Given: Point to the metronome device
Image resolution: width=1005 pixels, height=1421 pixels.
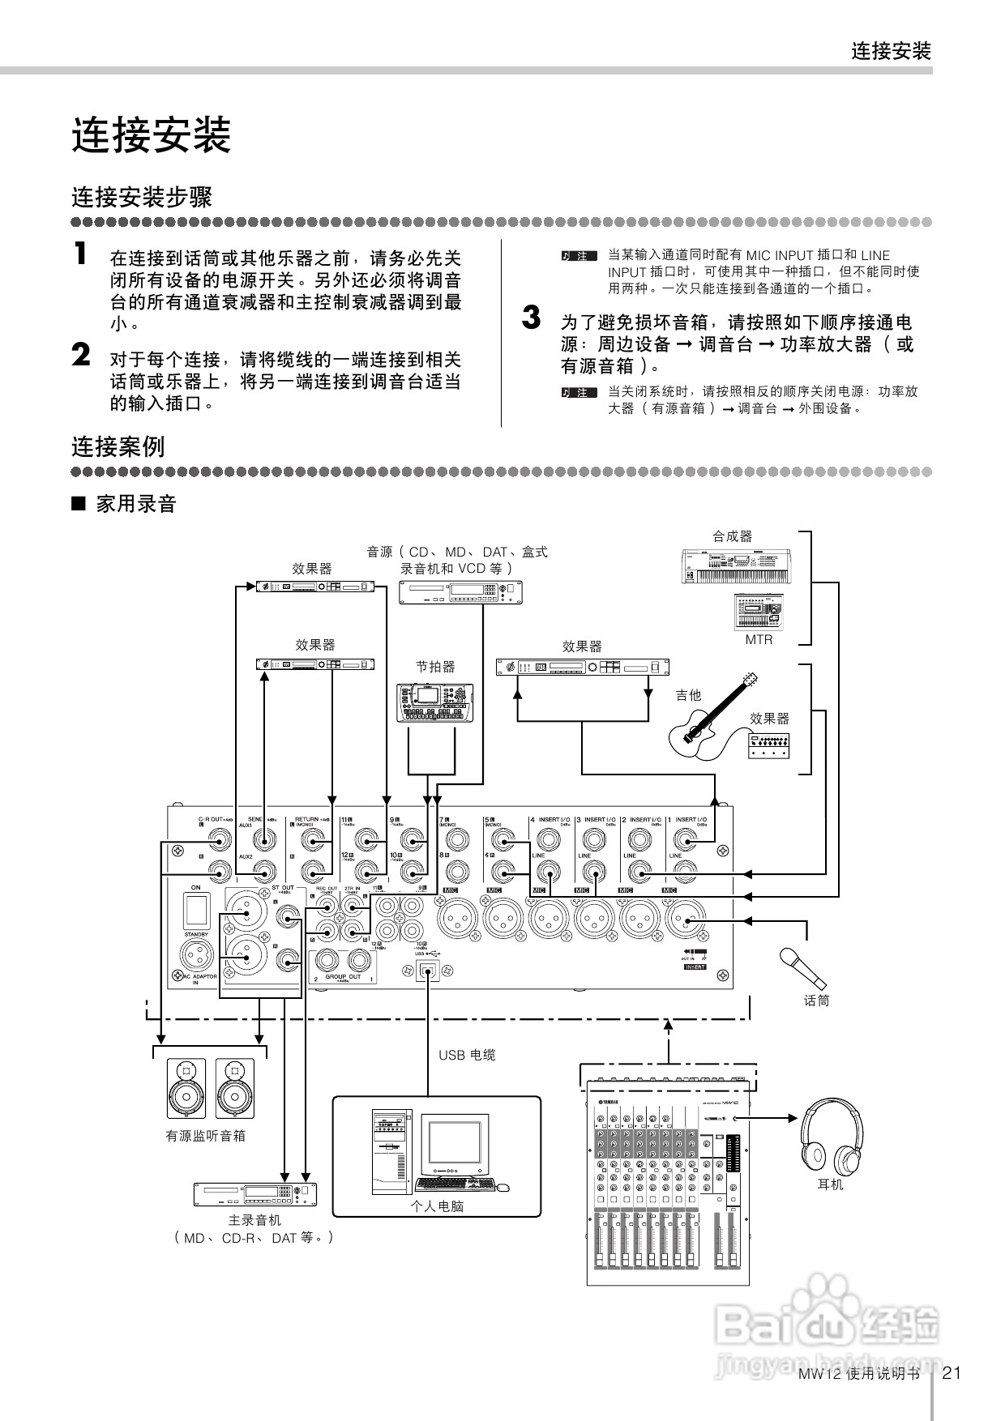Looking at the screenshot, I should coord(435,702).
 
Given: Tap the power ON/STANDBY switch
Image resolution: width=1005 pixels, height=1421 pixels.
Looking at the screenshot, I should coord(196,911).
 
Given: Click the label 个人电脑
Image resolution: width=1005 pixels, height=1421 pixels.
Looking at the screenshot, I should coord(437,1206).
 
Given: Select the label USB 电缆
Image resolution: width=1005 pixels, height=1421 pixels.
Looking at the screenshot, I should coord(467,1055).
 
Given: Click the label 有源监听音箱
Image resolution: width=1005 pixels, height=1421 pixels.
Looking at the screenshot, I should coord(206,1136).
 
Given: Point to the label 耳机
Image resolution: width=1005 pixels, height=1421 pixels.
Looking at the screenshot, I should coord(830,1184).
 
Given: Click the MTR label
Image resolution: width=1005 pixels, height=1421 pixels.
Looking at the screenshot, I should coord(759,639).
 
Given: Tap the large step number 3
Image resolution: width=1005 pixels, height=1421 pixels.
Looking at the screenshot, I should coord(531,318).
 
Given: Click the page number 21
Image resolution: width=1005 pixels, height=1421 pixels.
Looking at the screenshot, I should coord(952,1372).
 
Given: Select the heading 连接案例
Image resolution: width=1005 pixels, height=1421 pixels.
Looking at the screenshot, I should coord(118,446).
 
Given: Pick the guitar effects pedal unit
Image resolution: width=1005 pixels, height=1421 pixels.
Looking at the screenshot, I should coord(768,746).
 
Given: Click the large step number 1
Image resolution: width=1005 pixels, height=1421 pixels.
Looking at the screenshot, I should coord(79,254).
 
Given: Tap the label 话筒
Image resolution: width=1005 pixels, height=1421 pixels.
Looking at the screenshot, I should coord(817,1001).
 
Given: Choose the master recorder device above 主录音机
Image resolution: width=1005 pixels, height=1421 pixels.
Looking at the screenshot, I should coord(254,1193).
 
